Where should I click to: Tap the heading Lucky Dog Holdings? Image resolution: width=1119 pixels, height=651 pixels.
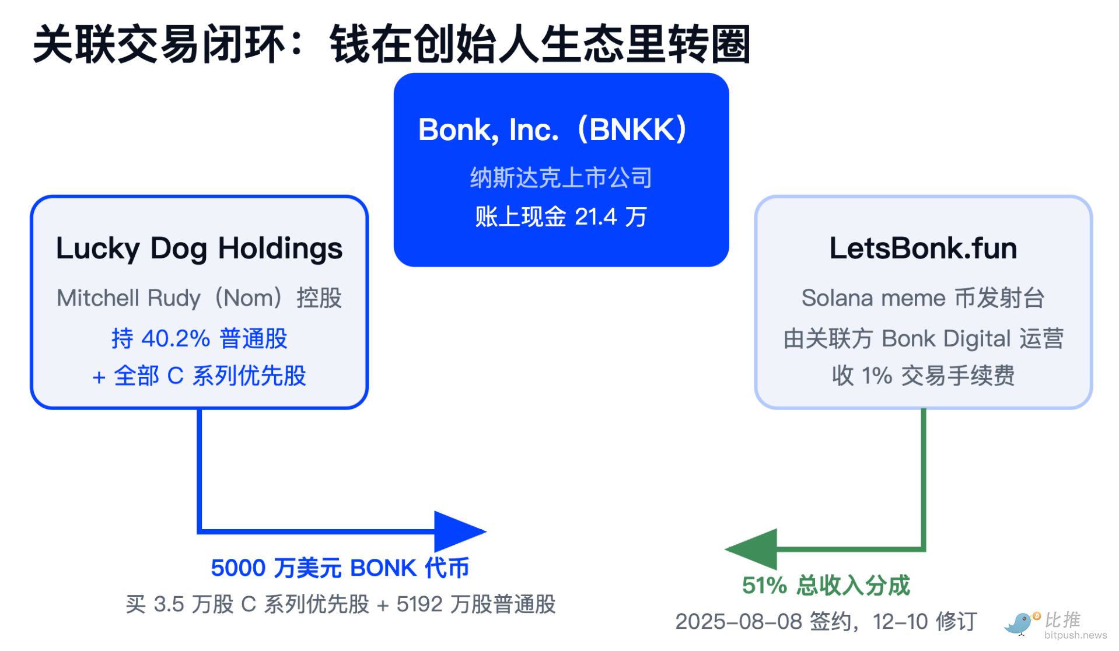[200, 249]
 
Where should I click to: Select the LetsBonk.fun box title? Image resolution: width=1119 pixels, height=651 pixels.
[923, 249]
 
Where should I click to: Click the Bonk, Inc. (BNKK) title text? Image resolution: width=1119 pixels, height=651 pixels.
[552, 129]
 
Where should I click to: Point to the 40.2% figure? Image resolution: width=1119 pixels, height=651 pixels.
[176, 338]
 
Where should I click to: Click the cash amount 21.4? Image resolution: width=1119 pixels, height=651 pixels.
[596, 217]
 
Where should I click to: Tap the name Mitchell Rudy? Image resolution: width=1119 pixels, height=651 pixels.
[128, 298]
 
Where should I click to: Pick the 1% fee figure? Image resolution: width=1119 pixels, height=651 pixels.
[877, 376]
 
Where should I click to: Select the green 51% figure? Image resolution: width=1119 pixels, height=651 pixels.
[764, 585]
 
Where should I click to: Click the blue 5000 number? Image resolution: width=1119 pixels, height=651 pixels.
[238, 568]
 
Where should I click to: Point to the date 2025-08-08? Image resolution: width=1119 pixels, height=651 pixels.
[739, 622]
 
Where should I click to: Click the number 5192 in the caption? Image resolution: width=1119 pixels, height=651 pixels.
[419, 604]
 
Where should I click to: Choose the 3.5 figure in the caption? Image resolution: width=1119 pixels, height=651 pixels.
[169, 604]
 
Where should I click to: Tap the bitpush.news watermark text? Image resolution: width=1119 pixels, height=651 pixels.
[1075, 635]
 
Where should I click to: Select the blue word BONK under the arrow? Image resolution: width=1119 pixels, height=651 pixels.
[383, 568]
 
